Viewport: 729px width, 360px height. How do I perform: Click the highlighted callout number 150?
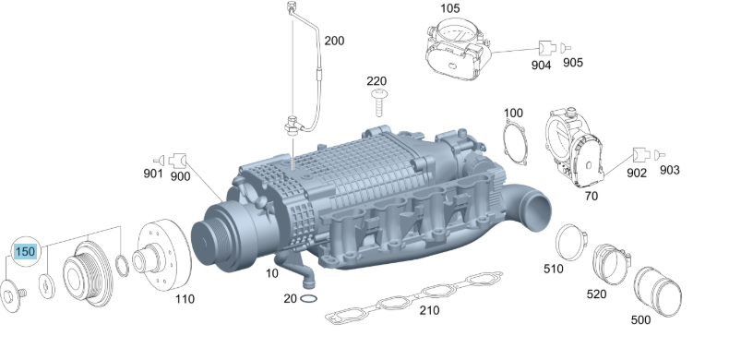pos(25,252)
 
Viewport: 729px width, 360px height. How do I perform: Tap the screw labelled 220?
pos(378,103)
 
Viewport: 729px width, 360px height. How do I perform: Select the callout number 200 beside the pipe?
pos(334,41)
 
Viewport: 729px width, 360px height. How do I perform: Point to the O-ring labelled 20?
pos(309,298)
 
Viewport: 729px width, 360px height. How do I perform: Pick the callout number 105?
pos(449,8)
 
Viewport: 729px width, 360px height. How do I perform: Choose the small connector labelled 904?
pos(546,48)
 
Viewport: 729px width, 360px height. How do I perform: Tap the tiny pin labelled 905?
pos(566,48)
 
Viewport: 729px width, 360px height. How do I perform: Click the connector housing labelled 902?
pos(640,155)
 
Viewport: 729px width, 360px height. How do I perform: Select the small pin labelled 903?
pos(659,154)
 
